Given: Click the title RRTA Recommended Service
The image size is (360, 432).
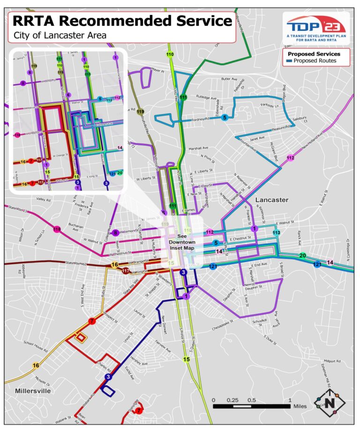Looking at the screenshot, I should [122, 21].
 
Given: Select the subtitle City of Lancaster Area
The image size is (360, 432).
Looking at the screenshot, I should [60, 36].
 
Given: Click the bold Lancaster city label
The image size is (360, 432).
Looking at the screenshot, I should [271, 200].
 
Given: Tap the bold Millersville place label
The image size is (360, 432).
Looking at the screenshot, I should [33, 390].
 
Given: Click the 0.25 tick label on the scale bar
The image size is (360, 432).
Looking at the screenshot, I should [232, 400].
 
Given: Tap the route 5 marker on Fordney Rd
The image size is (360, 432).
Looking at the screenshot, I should [225, 118].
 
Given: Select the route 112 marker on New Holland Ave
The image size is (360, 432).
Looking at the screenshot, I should [290, 157].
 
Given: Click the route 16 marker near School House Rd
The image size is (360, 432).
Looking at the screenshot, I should [36, 365].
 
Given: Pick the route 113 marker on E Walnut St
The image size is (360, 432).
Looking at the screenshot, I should [277, 232].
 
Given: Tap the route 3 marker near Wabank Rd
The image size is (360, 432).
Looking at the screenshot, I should [108, 377].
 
